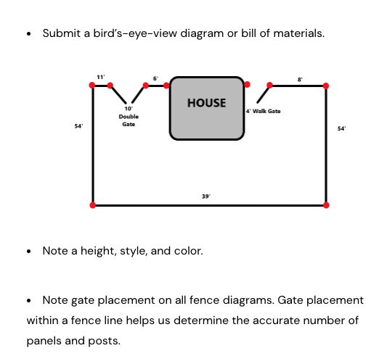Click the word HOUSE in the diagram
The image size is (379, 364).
tap(206, 103)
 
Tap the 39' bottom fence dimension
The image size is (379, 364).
tap(206, 197)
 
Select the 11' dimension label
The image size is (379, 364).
tap(101, 77)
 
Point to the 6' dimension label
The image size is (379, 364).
tap(155, 78)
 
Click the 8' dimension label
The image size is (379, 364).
tap(300, 80)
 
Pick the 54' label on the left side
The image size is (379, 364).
tap(78, 126)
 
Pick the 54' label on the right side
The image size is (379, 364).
tap(341, 128)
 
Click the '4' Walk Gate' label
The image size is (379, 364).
tap(264, 111)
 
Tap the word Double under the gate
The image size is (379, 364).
tap(129, 117)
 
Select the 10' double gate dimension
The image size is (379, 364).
tap(129, 109)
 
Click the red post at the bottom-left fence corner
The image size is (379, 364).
tap(93, 205)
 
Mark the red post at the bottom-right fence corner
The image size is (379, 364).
tap(326, 205)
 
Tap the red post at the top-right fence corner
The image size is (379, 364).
tap(326, 86)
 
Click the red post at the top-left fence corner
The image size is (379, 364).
tap(92, 85)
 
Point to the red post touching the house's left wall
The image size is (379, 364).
tap(166, 86)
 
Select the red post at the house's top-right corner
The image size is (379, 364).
tap(247, 84)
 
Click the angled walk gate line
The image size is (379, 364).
tap(263, 95)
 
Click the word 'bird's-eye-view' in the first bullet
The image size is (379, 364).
tap(135, 33)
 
